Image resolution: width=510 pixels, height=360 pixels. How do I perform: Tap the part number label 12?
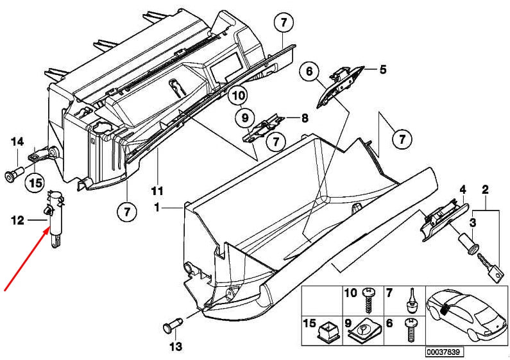(17, 220)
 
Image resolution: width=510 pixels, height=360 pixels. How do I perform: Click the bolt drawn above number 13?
(171, 324)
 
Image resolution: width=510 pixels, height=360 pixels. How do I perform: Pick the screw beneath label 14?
(15, 173)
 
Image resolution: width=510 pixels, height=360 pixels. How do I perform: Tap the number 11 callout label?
(157, 191)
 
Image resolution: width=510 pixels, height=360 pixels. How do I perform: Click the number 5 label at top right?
(383, 69)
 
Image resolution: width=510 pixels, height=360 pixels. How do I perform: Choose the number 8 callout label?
(305, 118)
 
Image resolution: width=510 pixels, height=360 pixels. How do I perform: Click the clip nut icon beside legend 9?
(363, 330)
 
